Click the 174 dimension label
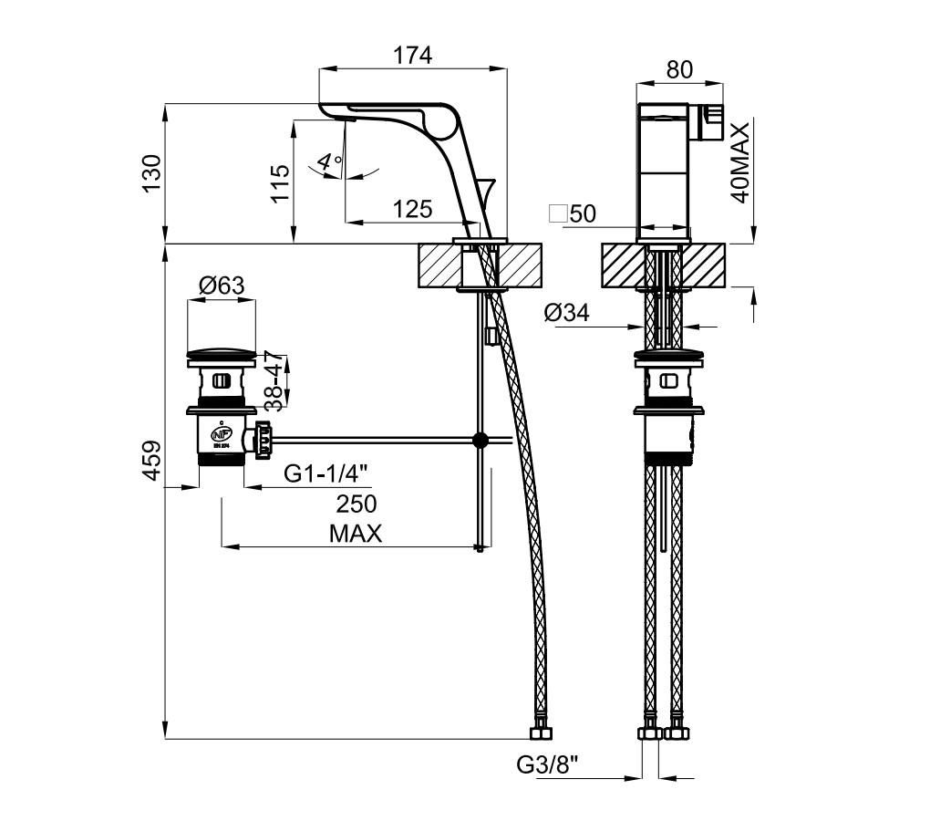[412, 56]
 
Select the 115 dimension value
[281, 182]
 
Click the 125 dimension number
[412, 210]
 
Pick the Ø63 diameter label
[222, 286]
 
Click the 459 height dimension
[151, 460]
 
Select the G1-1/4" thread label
[325, 473]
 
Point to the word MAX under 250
[356, 534]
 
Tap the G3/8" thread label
[547, 763]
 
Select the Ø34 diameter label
[567, 314]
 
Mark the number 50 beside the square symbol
[582, 214]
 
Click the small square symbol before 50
[558, 214]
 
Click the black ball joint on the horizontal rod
[480, 441]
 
